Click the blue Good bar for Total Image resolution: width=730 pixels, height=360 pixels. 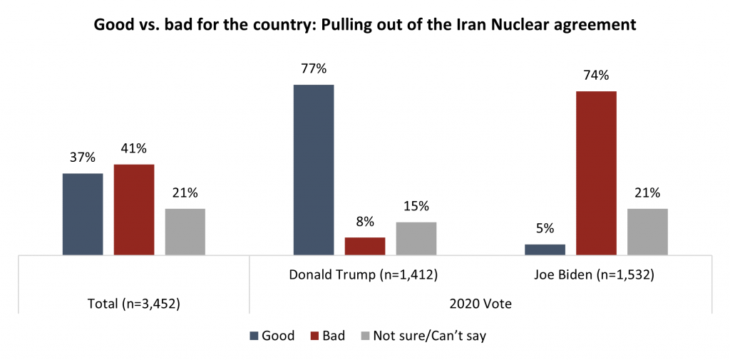pos(83,214)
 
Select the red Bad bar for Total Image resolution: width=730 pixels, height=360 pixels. pos(133,210)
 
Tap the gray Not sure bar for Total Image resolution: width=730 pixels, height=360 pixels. pos(185,232)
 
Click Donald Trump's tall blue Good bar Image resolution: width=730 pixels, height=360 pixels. pos(314,170)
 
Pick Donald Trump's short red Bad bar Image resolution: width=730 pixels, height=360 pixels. pos(365,246)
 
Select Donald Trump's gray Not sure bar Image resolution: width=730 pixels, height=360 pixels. pos(416,238)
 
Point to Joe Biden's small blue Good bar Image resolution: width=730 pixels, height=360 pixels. pos(545,250)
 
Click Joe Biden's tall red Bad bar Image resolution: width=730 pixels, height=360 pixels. pos(596,173)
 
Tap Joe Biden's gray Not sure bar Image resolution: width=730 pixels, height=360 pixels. pos(647,232)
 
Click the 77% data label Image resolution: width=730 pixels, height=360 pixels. pos(314,69)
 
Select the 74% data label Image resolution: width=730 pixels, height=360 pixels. pos(596,76)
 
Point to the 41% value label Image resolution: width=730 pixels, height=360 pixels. pos(133,149)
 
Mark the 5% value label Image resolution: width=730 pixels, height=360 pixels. pos(545,229)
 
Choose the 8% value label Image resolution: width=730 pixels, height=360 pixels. pos(365,222)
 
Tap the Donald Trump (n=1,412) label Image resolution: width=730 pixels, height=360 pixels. pos(362,274)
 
